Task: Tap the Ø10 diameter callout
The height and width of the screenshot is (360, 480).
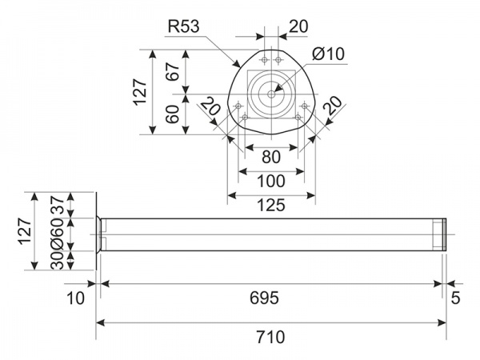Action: click(x=328, y=54)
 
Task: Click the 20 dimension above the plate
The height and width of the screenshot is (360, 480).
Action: click(x=298, y=26)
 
